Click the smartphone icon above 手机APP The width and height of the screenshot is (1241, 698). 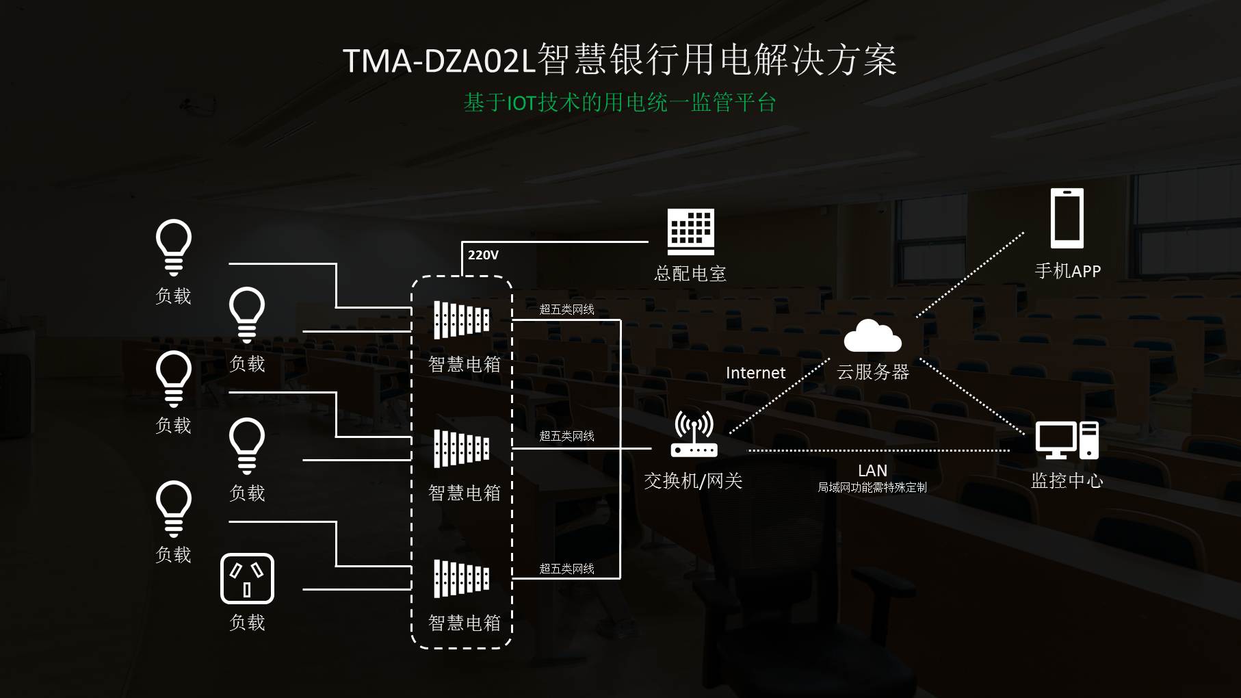[1067, 218]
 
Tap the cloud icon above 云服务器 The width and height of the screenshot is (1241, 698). [872, 336]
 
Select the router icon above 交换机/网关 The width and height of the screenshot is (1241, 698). [694, 434]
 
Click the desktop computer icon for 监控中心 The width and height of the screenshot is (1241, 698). [1066, 439]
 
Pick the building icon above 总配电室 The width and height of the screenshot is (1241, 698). [690, 231]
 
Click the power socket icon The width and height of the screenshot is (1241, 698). [247, 579]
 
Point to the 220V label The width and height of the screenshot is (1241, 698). [483, 255]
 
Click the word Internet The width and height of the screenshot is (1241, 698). [755, 373]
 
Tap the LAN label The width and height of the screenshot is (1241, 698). [872, 471]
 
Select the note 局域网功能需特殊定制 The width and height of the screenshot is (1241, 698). [872, 487]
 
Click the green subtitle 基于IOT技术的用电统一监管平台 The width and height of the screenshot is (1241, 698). [620, 103]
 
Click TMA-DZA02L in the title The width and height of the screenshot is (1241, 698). [438, 61]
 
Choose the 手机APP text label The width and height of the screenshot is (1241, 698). [1067, 271]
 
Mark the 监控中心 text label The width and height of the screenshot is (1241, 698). [1067, 481]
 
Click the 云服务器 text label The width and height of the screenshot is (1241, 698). [872, 372]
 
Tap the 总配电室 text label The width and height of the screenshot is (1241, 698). [690, 274]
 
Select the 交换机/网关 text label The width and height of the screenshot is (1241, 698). [693, 481]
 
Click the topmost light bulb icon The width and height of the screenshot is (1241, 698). [174, 246]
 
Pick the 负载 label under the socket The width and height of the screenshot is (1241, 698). [247, 622]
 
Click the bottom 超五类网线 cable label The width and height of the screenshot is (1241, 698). [566, 569]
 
